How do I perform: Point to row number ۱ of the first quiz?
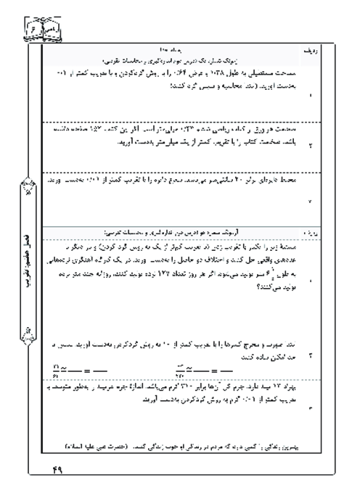pos(312,95)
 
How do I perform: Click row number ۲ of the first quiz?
pos(312,146)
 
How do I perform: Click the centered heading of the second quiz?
pos(177,234)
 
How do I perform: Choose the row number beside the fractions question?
pos(312,358)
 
